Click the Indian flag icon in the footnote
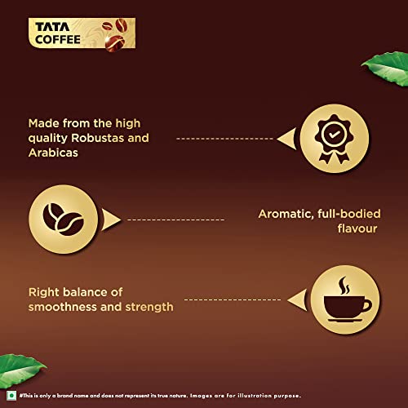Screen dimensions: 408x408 (x=8, y=395)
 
